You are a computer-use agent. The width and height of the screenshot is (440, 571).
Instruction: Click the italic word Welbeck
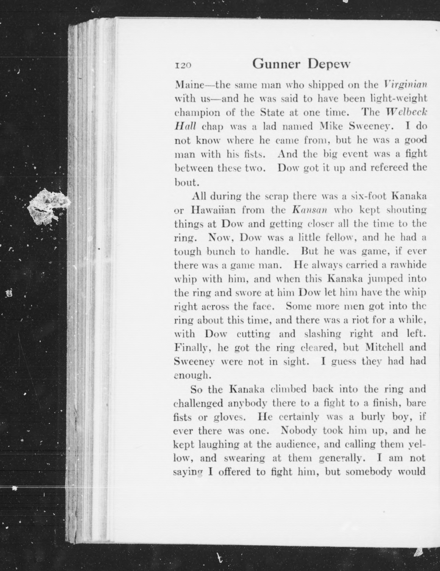(x=406, y=112)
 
